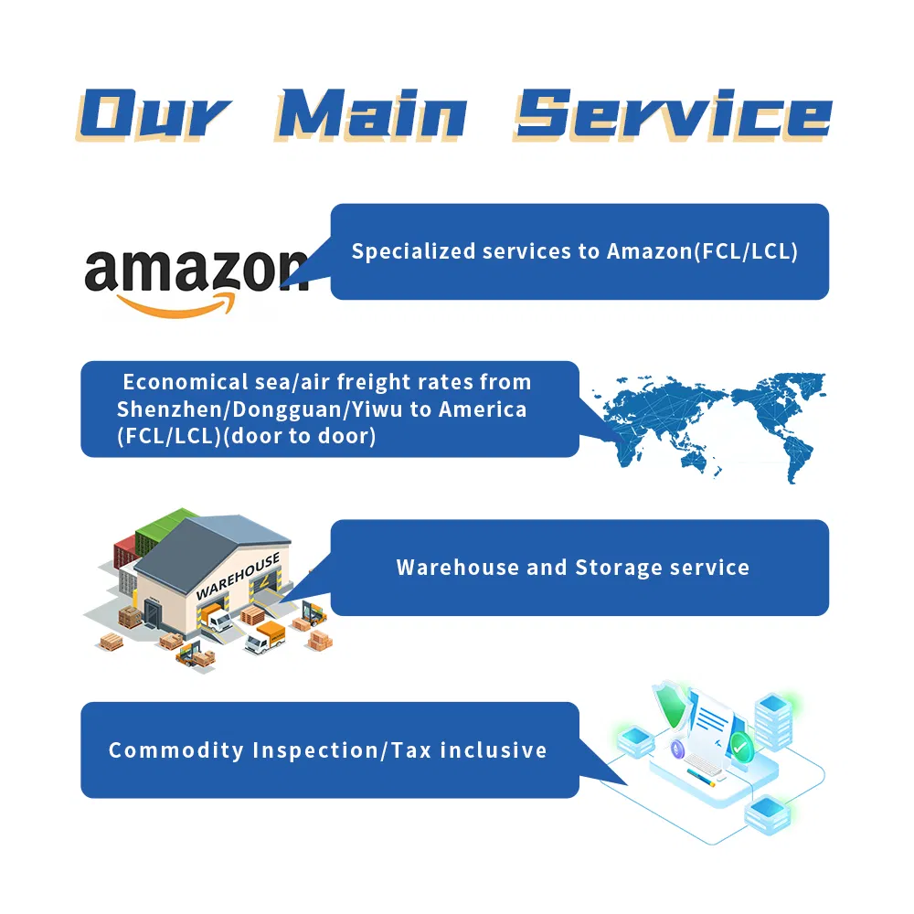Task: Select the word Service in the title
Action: coord(672,116)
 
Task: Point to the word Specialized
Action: coord(407,251)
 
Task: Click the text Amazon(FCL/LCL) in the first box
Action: coord(702,251)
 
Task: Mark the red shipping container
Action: coord(123,560)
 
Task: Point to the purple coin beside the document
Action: coord(678,749)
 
